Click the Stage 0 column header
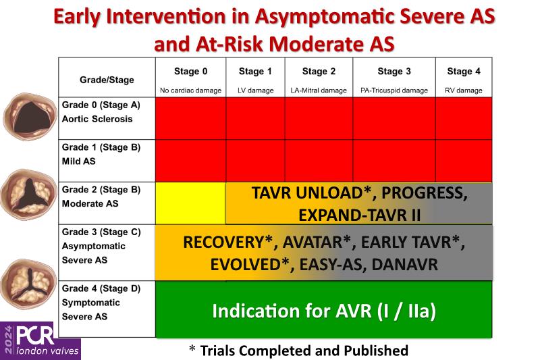pos(190,72)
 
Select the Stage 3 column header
pos(394,72)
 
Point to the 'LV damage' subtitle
pos(256,91)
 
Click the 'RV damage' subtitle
pos(464,91)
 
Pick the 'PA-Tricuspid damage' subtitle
pos(394,91)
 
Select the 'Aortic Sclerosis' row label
pos(97,119)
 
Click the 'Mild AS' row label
pos(78,161)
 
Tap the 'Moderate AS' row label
pos(90,203)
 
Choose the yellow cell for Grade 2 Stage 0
pos(190,203)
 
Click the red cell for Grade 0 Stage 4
pos(464,118)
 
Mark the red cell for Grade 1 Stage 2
pos(319,161)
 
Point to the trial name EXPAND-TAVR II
pos(359,215)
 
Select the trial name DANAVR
pos(404,265)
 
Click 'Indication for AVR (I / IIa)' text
pos(324,311)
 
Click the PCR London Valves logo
pos(40,340)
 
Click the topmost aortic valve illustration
pos(30,116)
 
